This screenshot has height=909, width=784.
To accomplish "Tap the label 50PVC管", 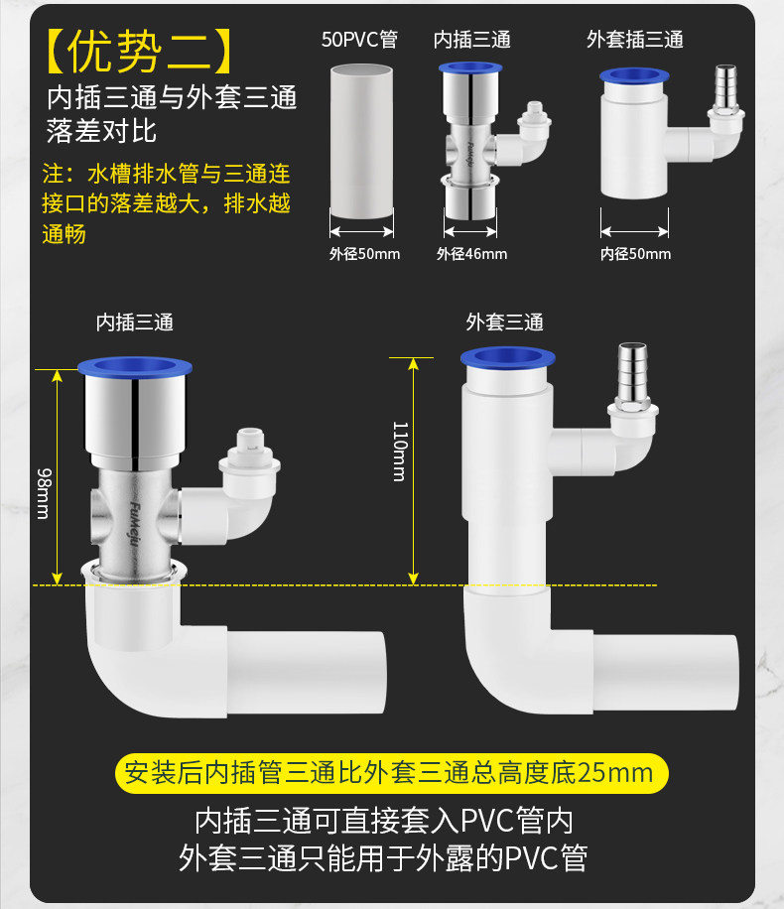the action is click(x=359, y=40).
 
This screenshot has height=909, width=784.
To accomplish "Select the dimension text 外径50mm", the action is click(x=364, y=254).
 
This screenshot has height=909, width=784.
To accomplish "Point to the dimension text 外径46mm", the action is click(x=471, y=254).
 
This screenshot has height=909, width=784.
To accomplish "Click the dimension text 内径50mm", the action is click(x=635, y=254).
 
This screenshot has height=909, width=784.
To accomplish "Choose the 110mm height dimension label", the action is click(x=399, y=451).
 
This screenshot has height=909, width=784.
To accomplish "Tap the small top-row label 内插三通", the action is click(x=472, y=40).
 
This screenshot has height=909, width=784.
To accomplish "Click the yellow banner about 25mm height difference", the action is click(x=390, y=772).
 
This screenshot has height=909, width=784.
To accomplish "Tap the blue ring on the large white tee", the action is click(x=506, y=360).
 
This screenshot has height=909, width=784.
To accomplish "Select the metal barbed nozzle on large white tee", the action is click(x=631, y=374).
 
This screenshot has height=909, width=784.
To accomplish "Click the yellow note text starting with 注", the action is click(x=167, y=204).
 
